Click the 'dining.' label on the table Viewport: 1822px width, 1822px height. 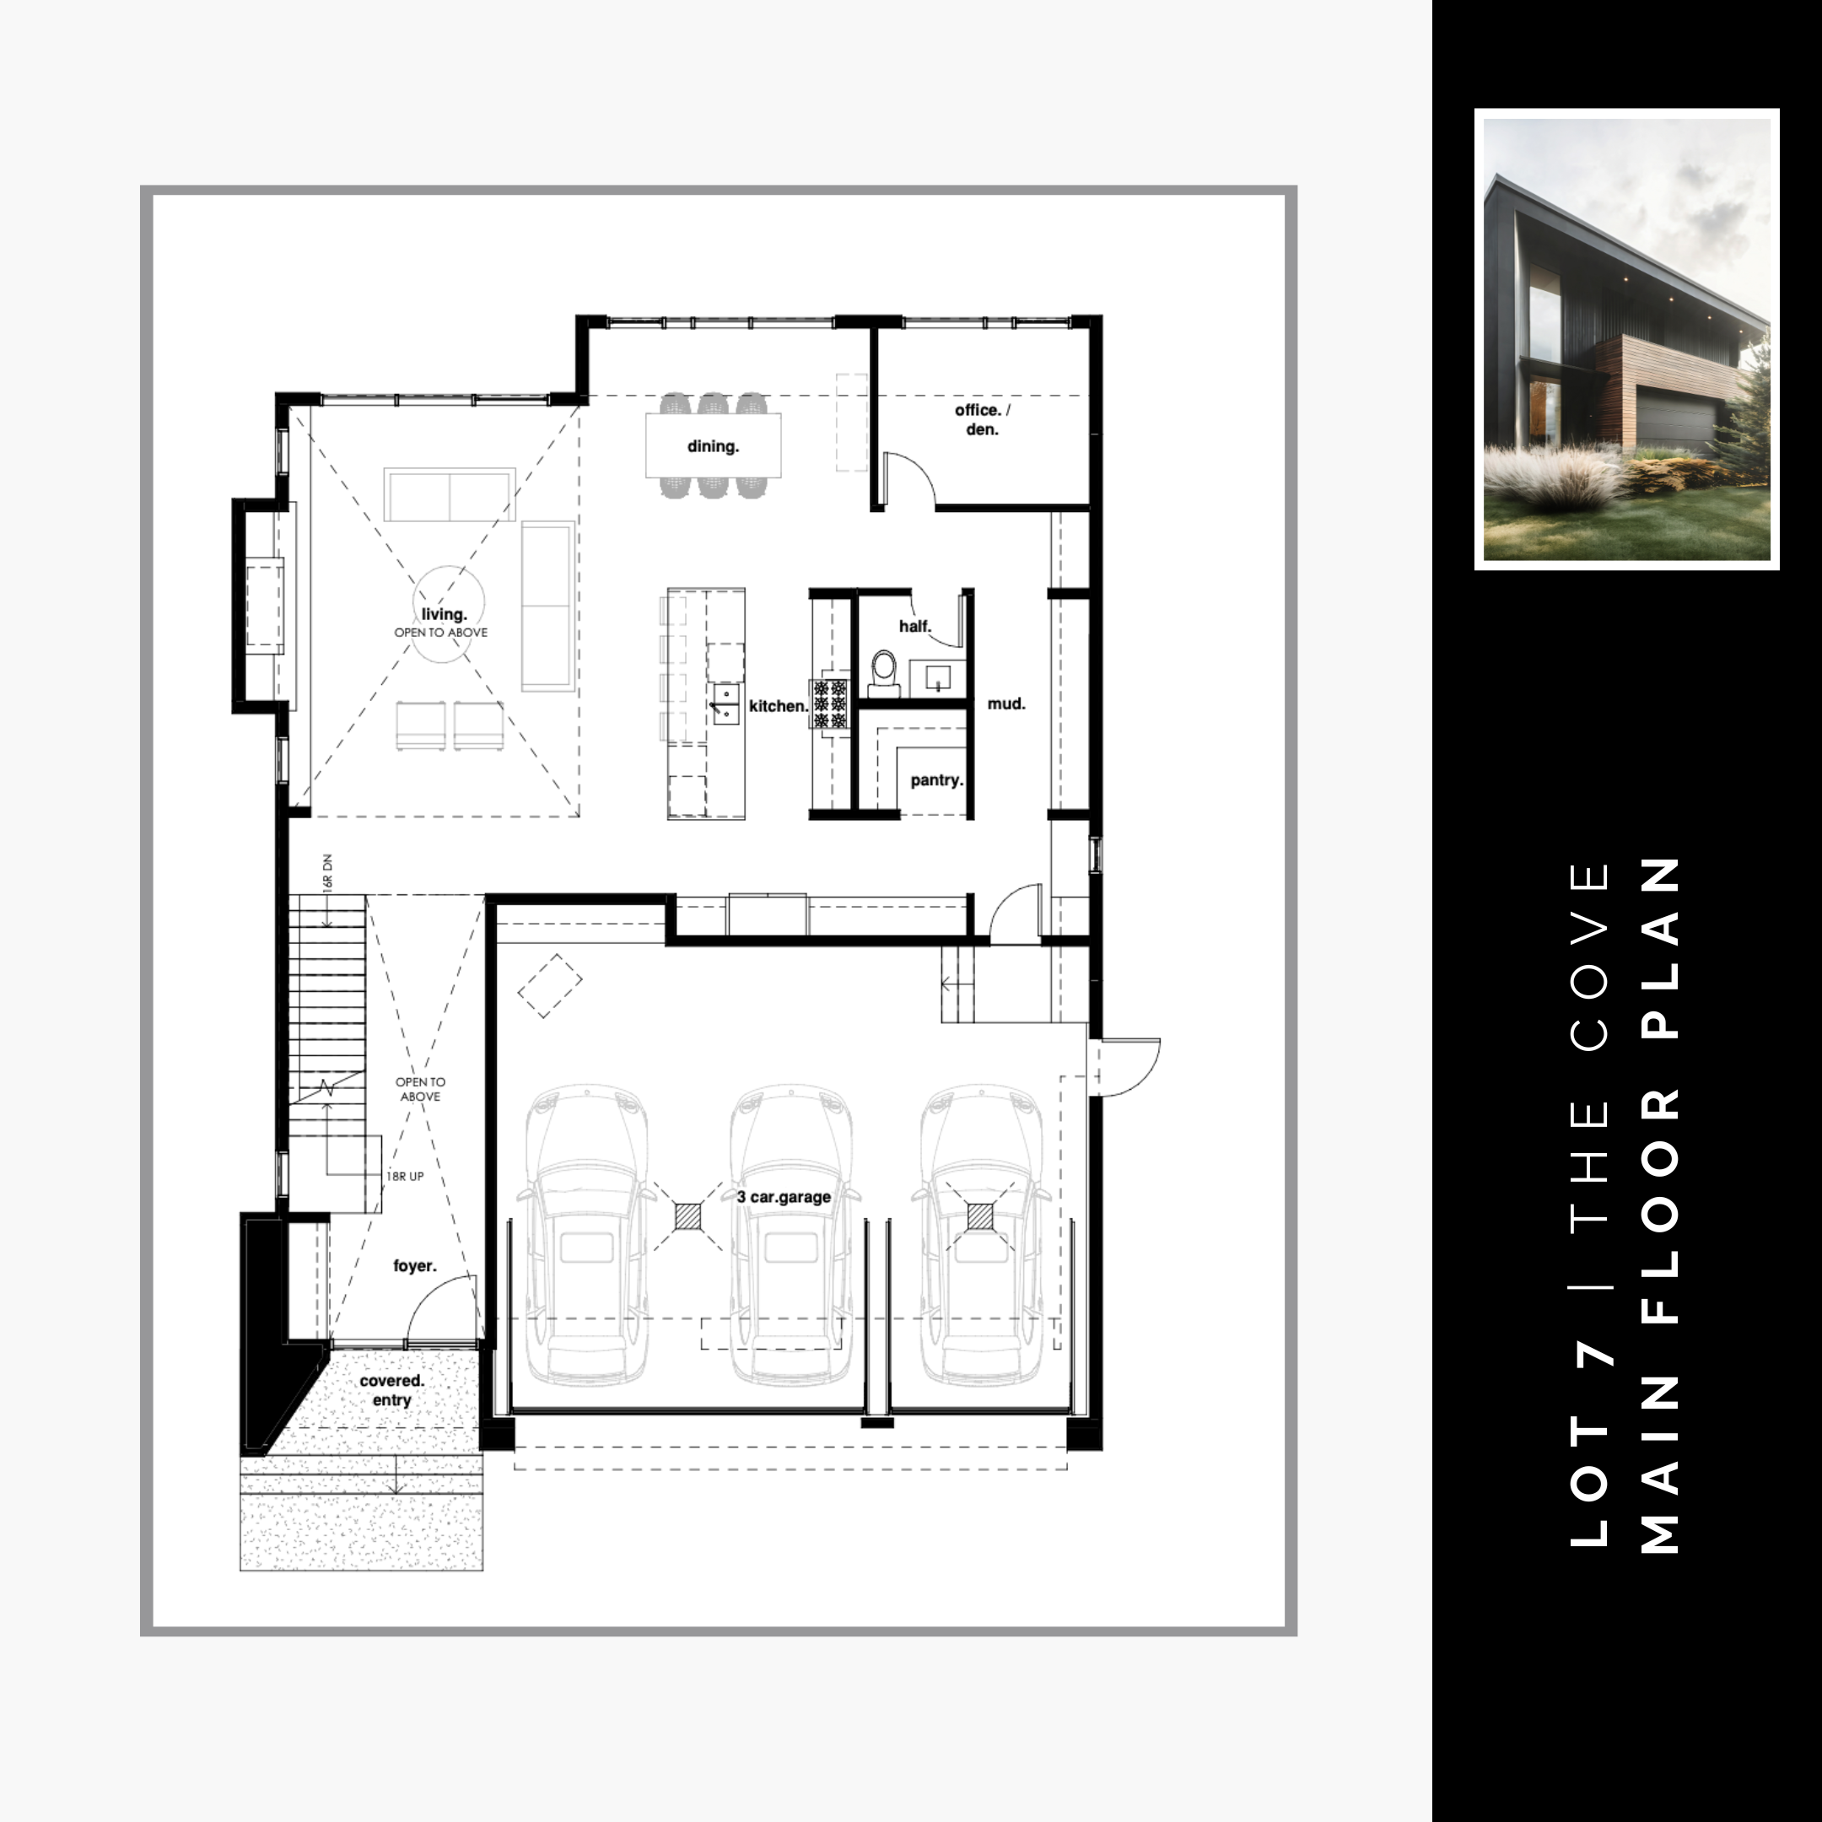(713, 446)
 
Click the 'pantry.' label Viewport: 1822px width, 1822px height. (936, 780)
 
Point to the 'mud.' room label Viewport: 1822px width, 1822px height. (1006, 703)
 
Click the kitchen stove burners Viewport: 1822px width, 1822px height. (831, 704)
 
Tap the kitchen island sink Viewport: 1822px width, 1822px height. (726, 703)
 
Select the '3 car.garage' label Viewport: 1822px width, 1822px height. (784, 1197)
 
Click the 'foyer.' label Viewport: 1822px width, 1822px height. (415, 1265)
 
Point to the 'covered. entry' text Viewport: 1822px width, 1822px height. (392, 1390)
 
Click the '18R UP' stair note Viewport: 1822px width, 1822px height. (405, 1177)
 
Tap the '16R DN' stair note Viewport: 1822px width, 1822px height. (327, 872)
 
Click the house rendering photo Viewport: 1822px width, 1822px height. (1627, 339)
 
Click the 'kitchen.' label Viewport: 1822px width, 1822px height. (779, 705)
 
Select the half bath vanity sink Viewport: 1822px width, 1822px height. (937, 677)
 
